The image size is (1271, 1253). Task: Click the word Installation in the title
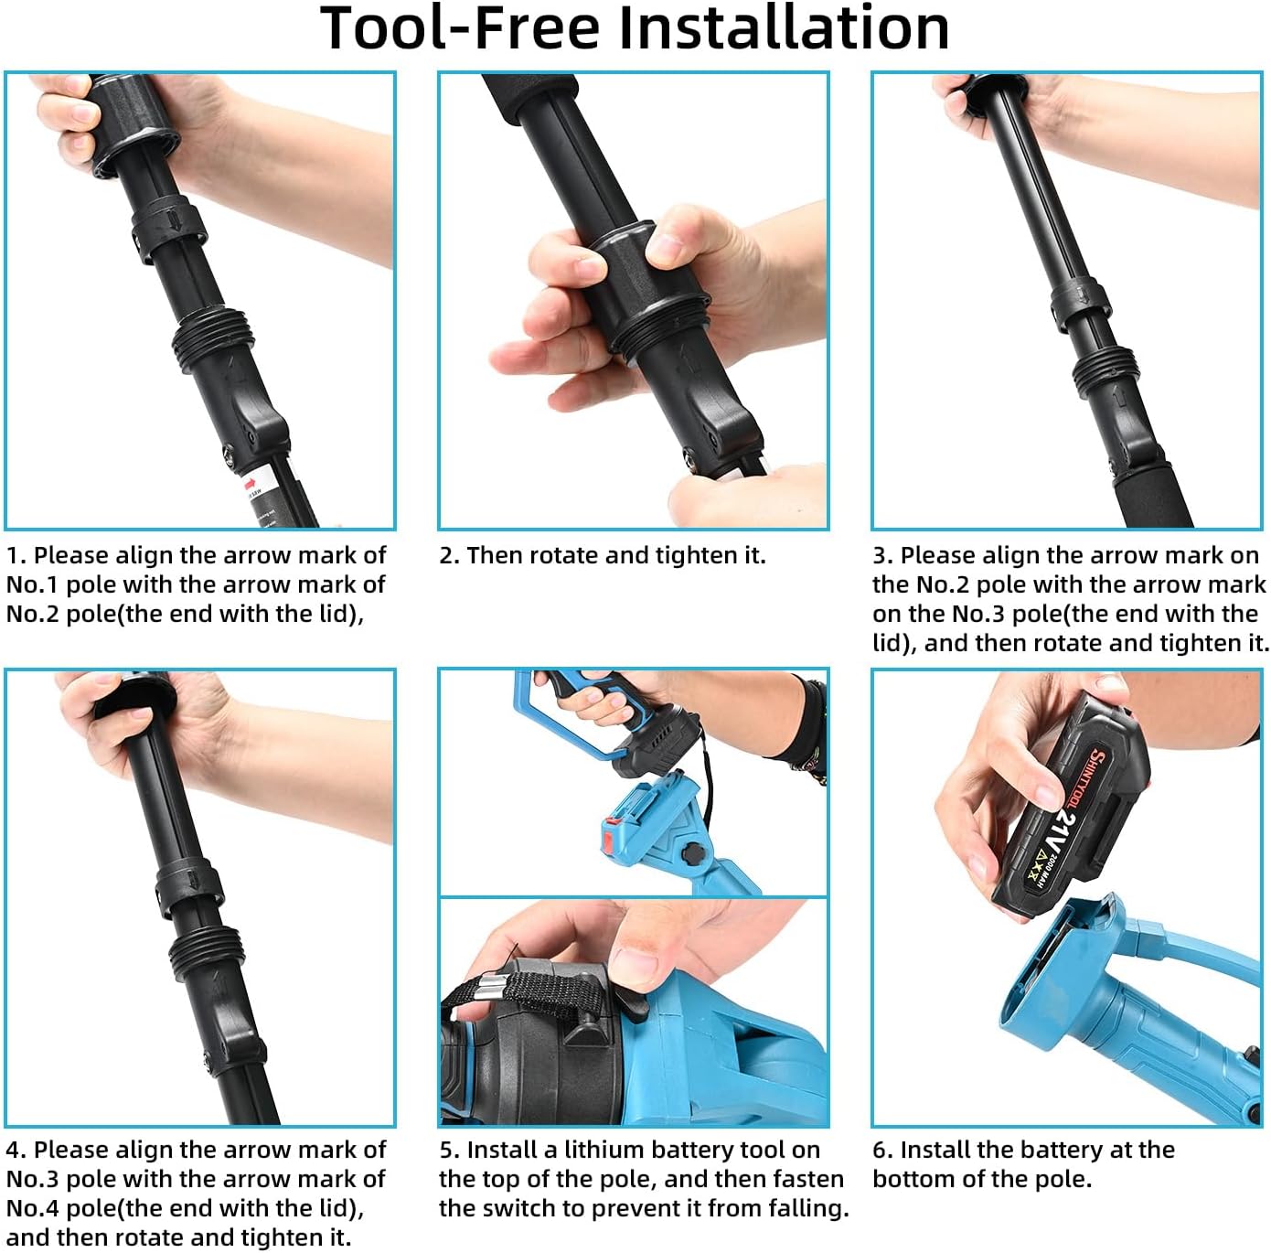[x=784, y=27]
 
